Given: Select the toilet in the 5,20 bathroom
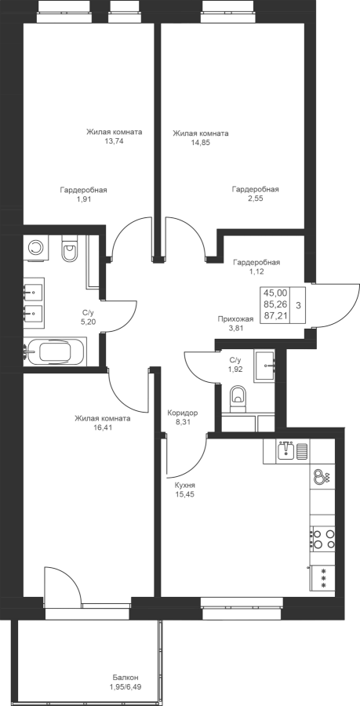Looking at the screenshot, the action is click(70, 251).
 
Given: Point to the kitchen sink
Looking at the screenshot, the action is click(285, 450).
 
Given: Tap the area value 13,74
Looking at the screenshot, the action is click(114, 141).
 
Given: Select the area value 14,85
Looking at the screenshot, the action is click(201, 142).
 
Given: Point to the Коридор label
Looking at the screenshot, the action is click(182, 413).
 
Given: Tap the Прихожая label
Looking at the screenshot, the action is click(235, 319).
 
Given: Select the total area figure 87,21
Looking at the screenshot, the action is click(275, 315).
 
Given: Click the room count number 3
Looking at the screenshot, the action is click(298, 304).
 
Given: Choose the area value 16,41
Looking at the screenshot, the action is click(103, 428).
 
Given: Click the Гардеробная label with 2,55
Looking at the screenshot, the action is click(255, 190).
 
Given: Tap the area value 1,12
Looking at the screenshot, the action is click(255, 271).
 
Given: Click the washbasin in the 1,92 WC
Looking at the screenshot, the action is click(264, 366).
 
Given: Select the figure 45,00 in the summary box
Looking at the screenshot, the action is click(275, 293).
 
